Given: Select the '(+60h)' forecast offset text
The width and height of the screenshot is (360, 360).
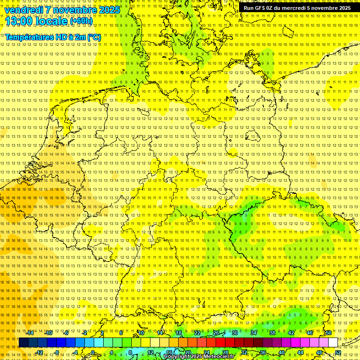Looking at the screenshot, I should point(81,21).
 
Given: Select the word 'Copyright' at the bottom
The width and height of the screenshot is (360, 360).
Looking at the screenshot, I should point(176,357).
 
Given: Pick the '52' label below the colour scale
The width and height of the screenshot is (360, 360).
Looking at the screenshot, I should point(337,352).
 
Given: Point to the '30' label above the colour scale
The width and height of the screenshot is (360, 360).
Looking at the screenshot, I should point(234,333).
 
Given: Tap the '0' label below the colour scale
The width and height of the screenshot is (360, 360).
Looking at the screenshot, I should point(93,352).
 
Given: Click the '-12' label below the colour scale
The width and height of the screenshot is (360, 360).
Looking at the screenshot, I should point(39,352).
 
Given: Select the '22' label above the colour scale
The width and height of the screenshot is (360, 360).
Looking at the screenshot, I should point(197,333).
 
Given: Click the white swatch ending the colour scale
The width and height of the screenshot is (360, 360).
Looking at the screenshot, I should point(333,343).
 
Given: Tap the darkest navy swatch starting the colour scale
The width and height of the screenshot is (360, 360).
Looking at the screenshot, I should point(23,343).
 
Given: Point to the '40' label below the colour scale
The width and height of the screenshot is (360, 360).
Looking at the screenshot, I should point(281,352).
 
